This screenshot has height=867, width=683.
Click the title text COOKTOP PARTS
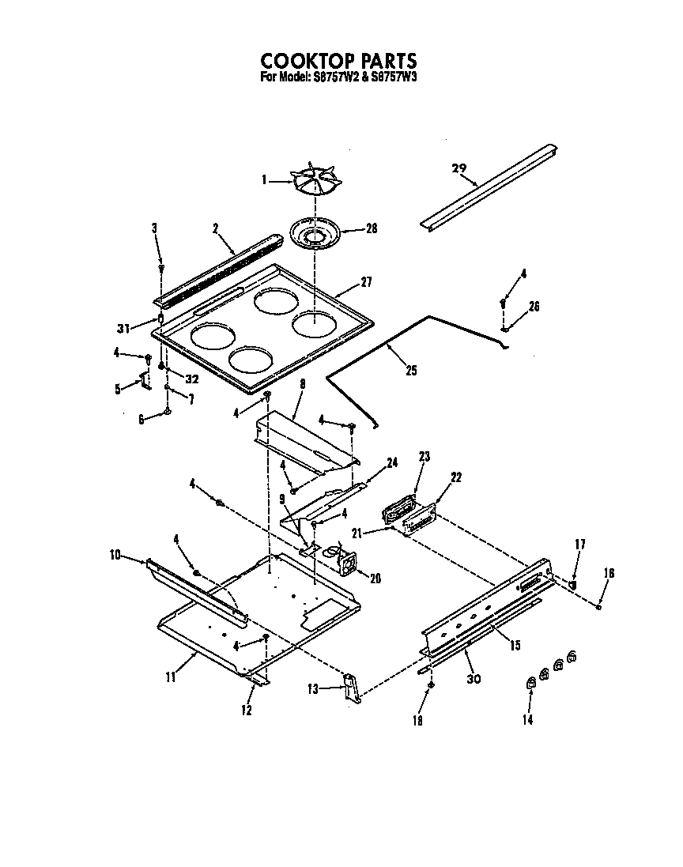[x=338, y=62]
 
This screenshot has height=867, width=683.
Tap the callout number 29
[x=459, y=168]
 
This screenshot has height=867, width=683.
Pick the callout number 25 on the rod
[x=410, y=369]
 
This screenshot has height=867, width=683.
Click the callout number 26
[x=534, y=307]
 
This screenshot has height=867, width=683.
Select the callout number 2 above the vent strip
[x=214, y=228]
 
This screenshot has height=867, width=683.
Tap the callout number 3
[x=154, y=228]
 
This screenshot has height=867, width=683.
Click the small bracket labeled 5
[x=145, y=383]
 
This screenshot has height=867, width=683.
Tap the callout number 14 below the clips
[x=527, y=719]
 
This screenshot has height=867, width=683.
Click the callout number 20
[x=375, y=578]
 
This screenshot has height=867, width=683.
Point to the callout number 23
[x=424, y=456]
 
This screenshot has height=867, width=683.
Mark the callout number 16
[x=609, y=573]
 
